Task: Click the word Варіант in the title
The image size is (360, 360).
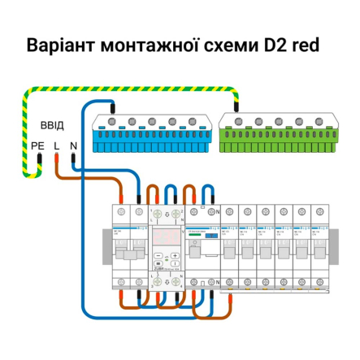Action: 60,44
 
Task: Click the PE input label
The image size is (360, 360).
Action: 37,145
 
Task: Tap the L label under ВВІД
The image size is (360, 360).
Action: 56,145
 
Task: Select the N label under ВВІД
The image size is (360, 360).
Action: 74,145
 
